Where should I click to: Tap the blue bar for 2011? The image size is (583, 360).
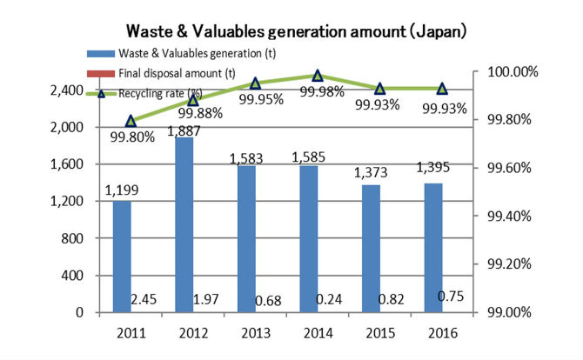(122, 256)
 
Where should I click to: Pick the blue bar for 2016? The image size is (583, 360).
(432, 247)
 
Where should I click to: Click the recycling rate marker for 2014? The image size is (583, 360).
(318, 76)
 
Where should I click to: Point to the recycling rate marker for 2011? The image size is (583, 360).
(131, 121)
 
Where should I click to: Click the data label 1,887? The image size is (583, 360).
(184, 130)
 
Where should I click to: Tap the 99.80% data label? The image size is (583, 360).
(132, 136)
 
